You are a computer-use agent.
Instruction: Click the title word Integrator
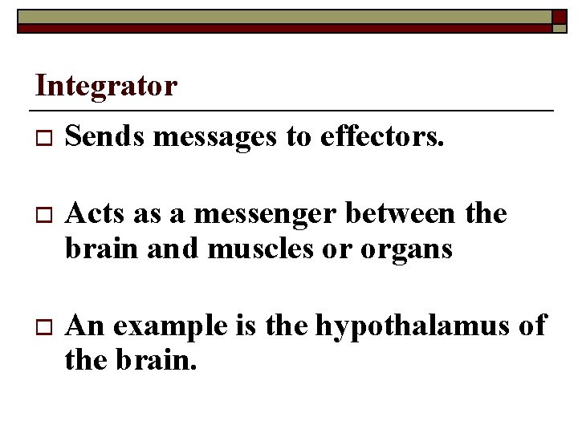pyautogui.click(x=107, y=86)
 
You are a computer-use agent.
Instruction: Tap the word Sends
pyautogui.click(x=105, y=138)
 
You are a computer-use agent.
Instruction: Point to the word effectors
pyautogui.click(x=381, y=138)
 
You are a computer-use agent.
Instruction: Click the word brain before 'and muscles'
pyautogui.click(x=98, y=249)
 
